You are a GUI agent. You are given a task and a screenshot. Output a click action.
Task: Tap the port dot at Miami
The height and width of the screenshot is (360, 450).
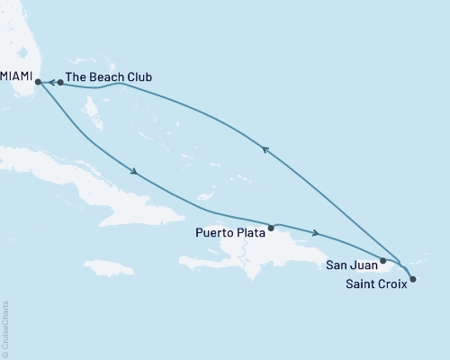pos(38,83)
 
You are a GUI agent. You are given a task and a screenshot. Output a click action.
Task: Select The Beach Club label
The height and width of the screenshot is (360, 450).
pos(109,77)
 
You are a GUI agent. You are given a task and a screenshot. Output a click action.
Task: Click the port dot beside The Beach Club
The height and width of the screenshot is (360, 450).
pos(59,83)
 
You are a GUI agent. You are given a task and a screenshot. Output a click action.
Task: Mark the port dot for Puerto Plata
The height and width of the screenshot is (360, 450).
pos(271,227)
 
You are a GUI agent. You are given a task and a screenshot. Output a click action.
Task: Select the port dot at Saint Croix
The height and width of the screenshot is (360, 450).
pos(412,280)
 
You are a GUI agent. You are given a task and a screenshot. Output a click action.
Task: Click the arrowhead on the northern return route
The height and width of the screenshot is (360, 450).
pos(265,150)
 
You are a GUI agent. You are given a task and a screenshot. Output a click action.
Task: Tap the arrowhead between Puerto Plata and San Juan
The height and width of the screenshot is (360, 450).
pos(315,233)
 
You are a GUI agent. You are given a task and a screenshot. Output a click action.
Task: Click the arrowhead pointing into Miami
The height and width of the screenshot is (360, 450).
pos(49,83)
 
